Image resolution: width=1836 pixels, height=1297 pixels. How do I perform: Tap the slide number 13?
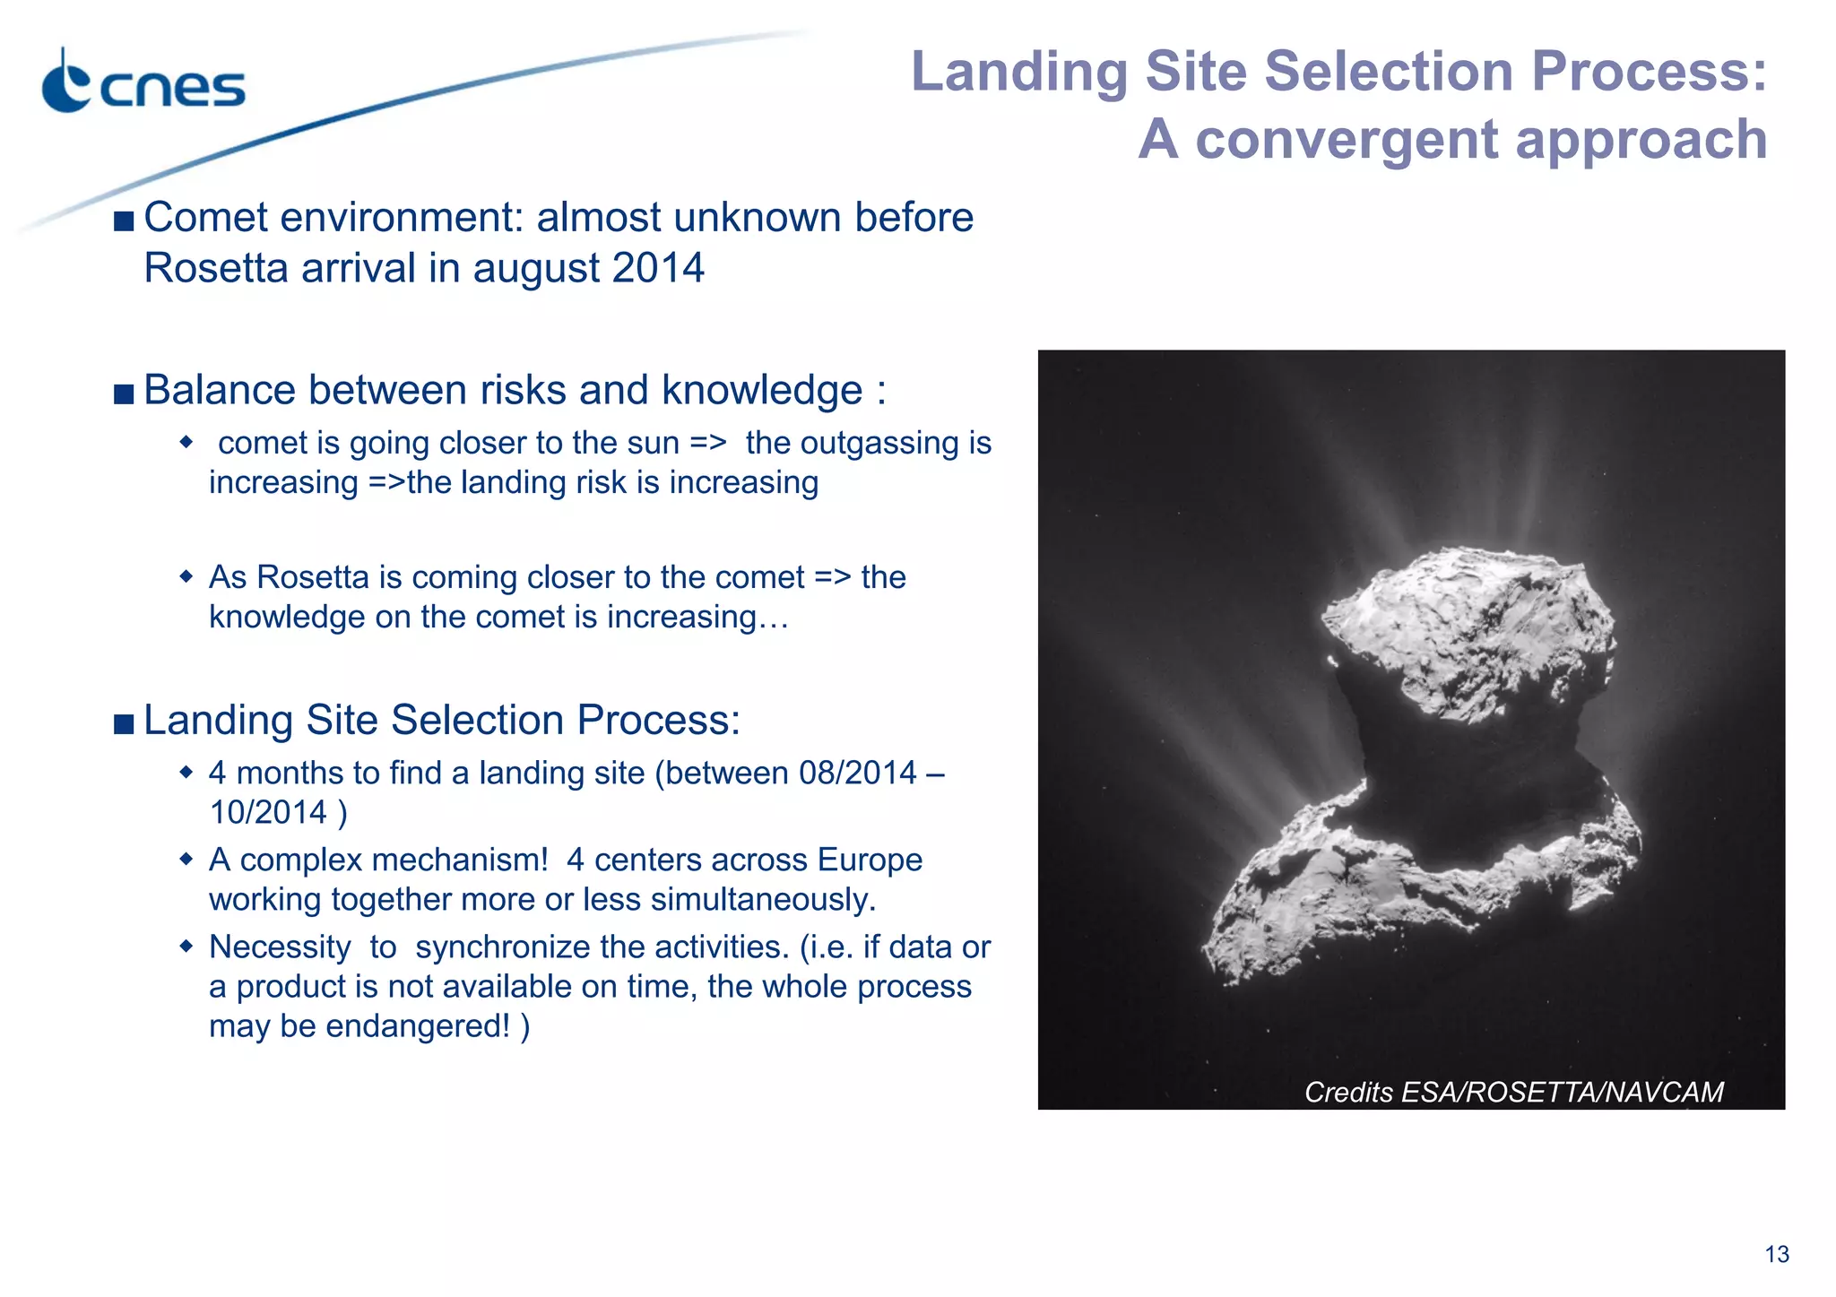click(1776, 1254)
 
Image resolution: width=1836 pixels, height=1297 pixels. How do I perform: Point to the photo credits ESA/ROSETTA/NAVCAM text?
click(1513, 1092)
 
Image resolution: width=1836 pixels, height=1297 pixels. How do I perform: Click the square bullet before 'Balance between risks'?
click(124, 393)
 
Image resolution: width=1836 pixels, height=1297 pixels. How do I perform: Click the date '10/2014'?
click(268, 812)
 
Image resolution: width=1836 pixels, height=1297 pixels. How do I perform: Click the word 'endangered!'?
click(418, 1025)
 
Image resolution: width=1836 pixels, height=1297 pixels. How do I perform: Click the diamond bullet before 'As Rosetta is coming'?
click(186, 575)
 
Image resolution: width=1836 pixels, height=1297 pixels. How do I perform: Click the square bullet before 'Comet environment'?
click(124, 220)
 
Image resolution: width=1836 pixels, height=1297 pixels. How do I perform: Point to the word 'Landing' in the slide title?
click(1019, 72)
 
